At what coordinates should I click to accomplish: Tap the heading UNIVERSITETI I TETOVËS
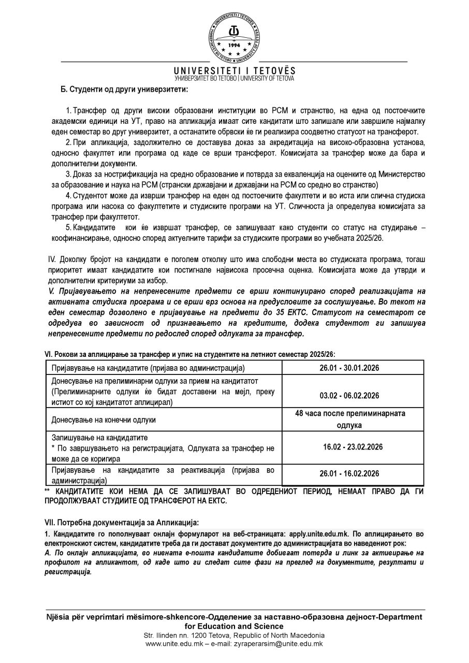tap(234, 70)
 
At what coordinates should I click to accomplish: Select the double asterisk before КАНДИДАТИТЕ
tap(48, 491)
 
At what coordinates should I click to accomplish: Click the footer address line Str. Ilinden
tap(234, 635)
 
